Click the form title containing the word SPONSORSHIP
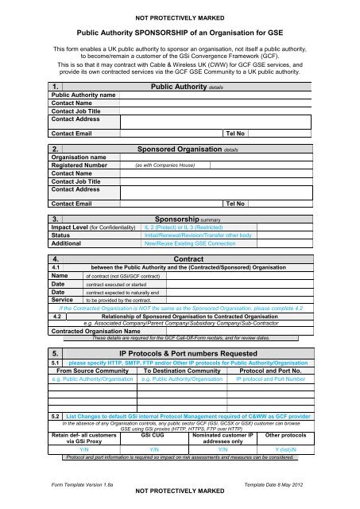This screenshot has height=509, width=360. coord(180,33)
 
